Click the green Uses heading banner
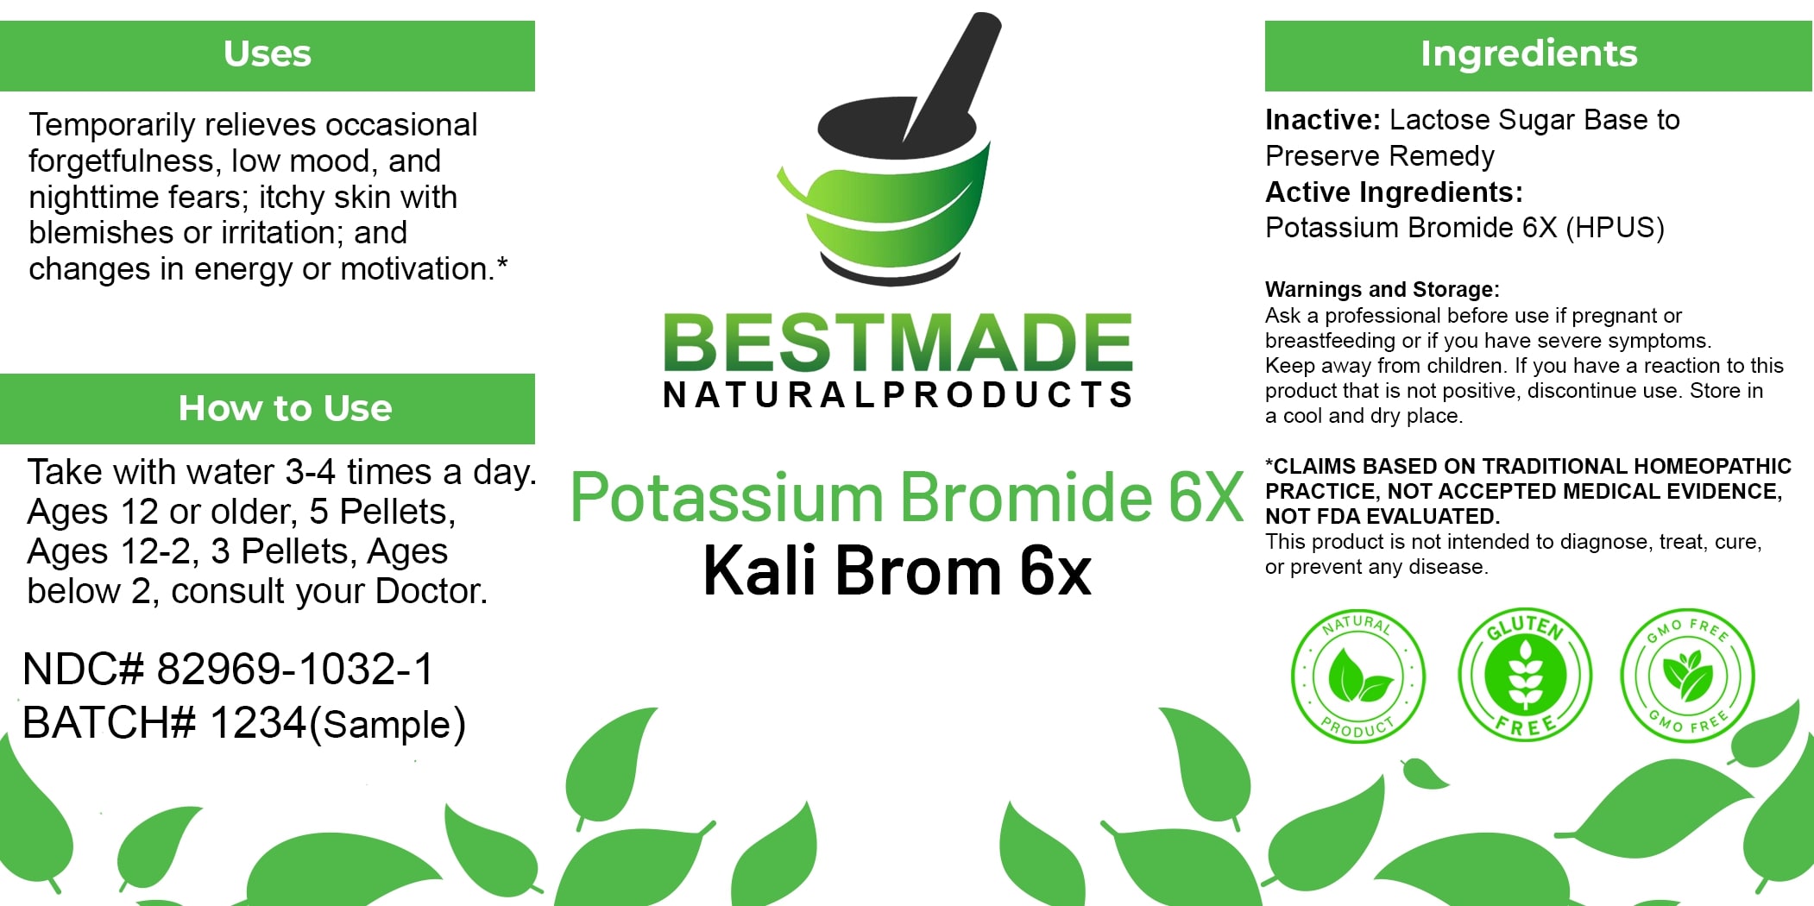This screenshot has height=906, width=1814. [x=268, y=56]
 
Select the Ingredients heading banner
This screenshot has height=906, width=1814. [x=1539, y=56]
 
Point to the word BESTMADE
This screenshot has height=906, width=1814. [x=898, y=343]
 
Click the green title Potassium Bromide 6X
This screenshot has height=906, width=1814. [x=907, y=498]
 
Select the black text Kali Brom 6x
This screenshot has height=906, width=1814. [x=898, y=570]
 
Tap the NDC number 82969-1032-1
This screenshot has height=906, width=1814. [x=295, y=670]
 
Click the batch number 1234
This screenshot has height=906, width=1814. [x=258, y=723]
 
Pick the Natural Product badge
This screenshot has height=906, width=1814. [x=1357, y=676]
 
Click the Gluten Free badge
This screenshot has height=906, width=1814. [x=1525, y=674]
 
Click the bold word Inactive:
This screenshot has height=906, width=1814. [x=1323, y=120]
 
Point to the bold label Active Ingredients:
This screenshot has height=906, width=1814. [x=1394, y=192]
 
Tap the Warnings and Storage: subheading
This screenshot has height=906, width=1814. [x=1383, y=289]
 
